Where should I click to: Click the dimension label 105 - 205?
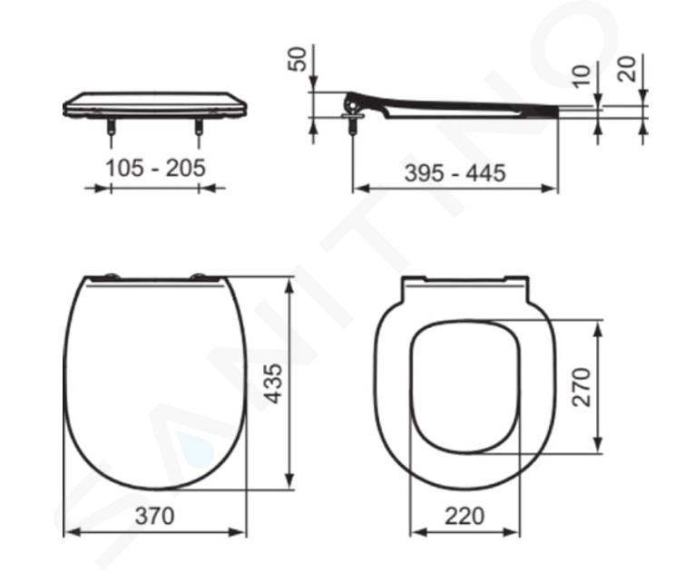pos(156,168)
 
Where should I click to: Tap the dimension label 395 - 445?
pos(454,173)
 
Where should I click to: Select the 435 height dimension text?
pos(274,383)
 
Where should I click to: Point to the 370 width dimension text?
pos(155,516)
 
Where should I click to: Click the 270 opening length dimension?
pos(581,387)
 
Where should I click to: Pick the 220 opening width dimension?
pos(464,516)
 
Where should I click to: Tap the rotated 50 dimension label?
pos(298,59)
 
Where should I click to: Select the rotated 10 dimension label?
pos(582,76)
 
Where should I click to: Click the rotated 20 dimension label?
pos(627,69)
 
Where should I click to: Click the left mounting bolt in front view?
pos(112,126)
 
